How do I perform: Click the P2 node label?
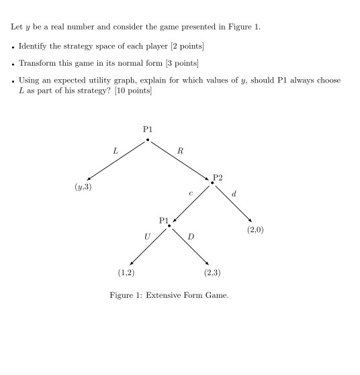(x=218, y=177)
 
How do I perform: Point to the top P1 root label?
(x=148, y=129)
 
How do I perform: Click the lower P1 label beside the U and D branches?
(x=165, y=219)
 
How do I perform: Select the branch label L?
(x=115, y=152)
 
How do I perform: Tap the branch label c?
(x=191, y=194)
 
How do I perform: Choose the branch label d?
(x=233, y=194)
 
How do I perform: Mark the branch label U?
(x=147, y=236)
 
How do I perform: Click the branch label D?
(x=191, y=236)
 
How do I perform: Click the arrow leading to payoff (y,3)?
(x=118, y=160)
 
